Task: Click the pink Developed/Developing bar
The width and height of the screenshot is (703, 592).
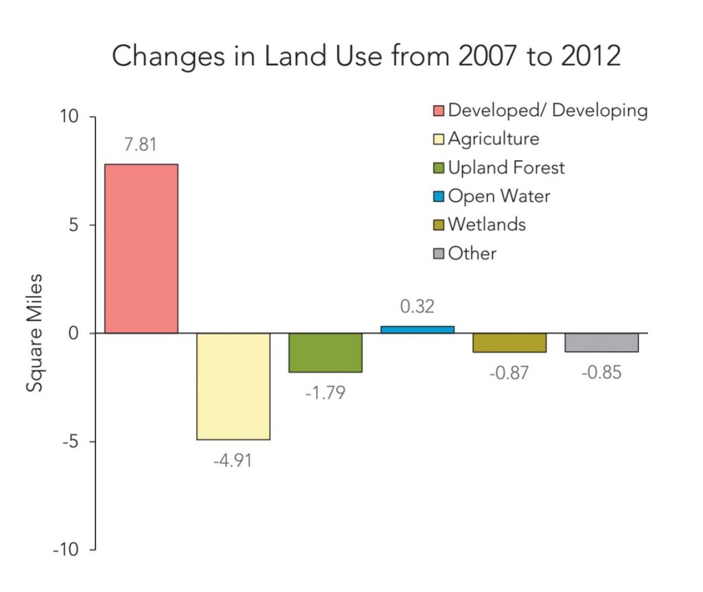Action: pyautogui.click(x=141, y=249)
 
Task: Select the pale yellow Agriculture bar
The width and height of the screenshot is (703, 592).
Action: pyautogui.click(x=233, y=386)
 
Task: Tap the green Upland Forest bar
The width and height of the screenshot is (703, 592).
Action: pyautogui.click(x=325, y=352)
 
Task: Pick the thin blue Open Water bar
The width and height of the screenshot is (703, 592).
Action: pyautogui.click(x=417, y=330)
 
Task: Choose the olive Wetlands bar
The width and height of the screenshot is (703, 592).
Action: pyautogui.click(x=509, y=343)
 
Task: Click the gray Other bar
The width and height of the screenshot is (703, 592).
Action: pyautogui.click(x=601, y=343)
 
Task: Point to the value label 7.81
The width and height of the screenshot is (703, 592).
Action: pyautogui.click(x=141, y=146)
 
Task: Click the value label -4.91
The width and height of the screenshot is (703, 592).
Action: pyautogui.click(x=232, y=459)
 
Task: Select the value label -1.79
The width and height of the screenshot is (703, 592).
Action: pyautogui.click(x=325, y=393)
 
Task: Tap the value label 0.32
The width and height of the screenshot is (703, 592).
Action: pyautogui.click(x=417, y=306)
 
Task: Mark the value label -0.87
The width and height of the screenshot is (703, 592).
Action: pyautogui.click(x=509, y=373)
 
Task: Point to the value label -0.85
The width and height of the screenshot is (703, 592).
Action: pyautogui.click(x=601, y=373)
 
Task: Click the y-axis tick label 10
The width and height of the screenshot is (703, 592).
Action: pyautogui.click(x=69, y=117)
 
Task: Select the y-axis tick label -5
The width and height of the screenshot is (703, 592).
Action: pyautogui.click(x=71, y=442)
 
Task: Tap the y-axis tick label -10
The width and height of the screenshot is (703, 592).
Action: pyautogui.click(x=67, y=549)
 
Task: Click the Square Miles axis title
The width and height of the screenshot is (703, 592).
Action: pyautogui.click(x=35, y=333)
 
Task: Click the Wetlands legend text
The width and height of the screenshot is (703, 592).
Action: pyautogui.click(x=487, y=225)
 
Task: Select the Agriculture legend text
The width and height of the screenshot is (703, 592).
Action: pyautogui.click(x=493, y=139)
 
